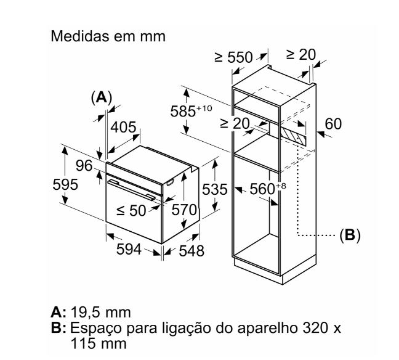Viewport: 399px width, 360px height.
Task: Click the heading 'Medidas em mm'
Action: point(107,36)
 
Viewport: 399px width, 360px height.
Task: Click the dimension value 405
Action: point(124,128)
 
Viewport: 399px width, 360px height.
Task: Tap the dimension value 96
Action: point(83,165)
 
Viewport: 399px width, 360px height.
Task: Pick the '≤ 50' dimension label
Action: point(131,211)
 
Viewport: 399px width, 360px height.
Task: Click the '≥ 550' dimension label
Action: point(233,57)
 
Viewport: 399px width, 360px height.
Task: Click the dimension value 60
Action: point(332,125)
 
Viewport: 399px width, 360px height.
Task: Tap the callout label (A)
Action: point(101,97)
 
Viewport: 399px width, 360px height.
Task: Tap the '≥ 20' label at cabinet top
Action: point(300,54)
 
